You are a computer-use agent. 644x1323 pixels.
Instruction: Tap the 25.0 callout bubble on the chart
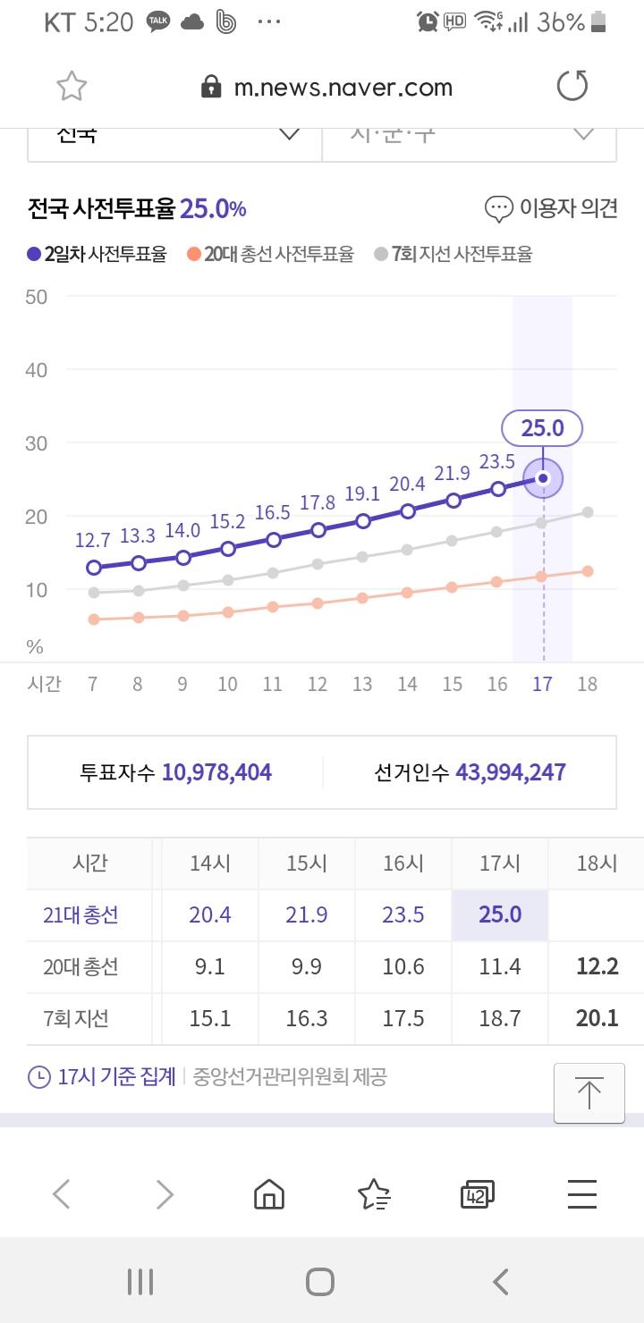point(542,428)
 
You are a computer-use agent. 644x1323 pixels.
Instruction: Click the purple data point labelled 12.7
point(93,568)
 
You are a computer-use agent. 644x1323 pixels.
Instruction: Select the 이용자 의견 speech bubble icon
point(498,209)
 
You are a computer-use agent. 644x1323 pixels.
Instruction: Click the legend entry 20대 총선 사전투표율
point(270,255)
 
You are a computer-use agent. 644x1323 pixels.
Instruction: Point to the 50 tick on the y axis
point(37,297)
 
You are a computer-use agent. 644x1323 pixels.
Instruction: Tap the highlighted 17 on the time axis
point(542,685)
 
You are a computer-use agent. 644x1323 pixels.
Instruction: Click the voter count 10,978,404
point(216,772)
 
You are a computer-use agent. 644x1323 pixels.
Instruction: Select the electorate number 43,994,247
point(510,772)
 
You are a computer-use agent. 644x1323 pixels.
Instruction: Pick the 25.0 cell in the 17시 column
point(500,914)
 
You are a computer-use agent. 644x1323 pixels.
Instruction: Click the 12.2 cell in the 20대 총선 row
point(597,966)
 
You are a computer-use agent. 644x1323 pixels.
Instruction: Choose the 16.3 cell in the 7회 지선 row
point(307,1018)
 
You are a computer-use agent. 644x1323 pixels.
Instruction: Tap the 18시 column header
point(597,864)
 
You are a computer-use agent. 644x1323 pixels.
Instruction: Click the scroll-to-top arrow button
point(589,1092)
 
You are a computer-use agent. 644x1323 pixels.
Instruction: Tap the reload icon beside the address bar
point(572,87)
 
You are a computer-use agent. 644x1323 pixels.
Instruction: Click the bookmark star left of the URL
point(72,87)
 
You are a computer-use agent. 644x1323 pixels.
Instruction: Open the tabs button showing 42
point(477,1194)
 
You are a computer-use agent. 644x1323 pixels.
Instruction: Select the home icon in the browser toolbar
point(269,1194)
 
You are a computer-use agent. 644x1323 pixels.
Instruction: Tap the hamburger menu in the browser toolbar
point(582,1194)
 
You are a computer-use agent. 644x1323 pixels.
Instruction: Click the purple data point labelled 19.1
point(363,521)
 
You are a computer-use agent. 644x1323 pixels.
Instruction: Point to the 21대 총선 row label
point(80,914)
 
